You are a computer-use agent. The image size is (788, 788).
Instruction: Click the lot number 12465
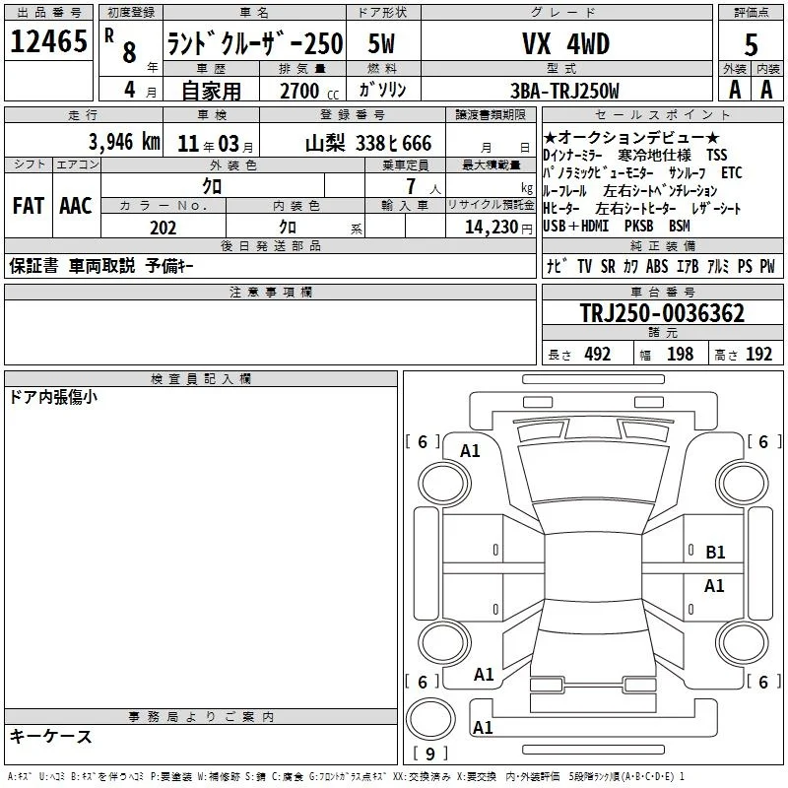48,41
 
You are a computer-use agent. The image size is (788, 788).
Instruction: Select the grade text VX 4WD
565,43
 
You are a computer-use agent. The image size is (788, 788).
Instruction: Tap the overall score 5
751,45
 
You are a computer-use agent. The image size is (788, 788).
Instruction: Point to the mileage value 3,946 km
124,142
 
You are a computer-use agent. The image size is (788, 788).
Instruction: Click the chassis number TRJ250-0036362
662,313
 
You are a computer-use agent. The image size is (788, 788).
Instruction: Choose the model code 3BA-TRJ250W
564,91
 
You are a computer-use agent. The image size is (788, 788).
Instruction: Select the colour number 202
163,228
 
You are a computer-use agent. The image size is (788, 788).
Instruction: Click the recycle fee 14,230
492,228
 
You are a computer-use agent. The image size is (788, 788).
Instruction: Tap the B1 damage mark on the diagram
715,553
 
